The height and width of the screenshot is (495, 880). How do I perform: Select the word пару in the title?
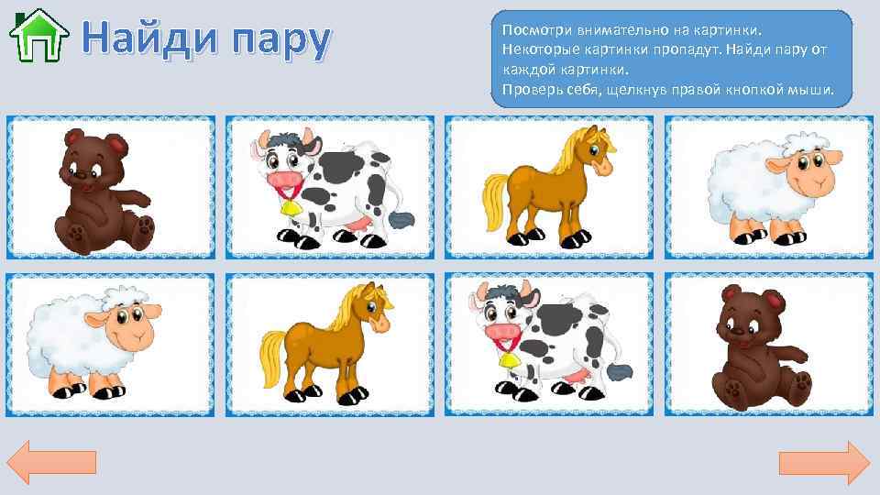pyautogui.click(x=275, y=38)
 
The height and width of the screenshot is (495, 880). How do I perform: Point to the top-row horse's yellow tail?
pyautogui.click(x=493, y=203)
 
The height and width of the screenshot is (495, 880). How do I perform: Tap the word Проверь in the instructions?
pyautogui.click(x=527, y=90)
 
